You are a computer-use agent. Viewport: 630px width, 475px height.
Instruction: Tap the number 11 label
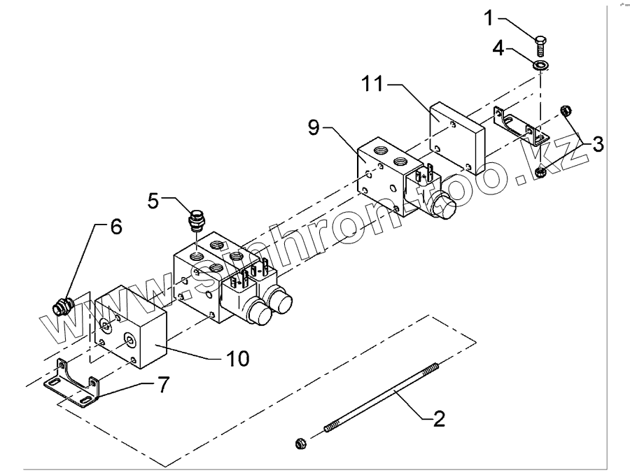click(372, 86)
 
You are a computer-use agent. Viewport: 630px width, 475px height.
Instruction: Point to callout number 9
click(314, 128)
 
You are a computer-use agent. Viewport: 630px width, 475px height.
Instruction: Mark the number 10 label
click(237, 358)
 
